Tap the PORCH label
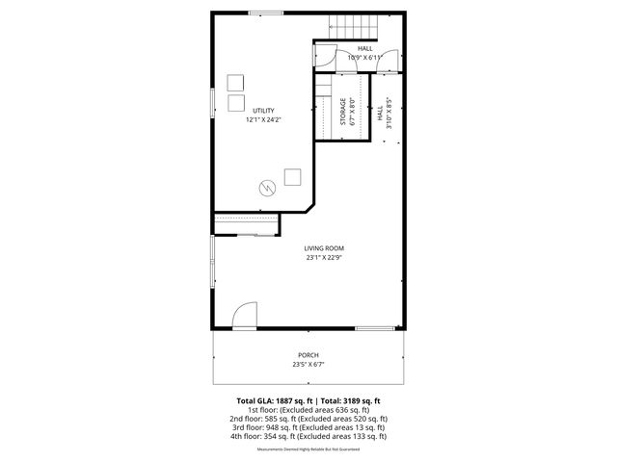coord(308,355)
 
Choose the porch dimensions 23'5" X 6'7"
coord(308,365)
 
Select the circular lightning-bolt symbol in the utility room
coord(267,186)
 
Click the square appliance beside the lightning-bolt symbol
coord(292,176)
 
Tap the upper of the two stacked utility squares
coord(235,82)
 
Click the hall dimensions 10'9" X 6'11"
coord(364,57)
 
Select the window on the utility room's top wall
coord(265,13)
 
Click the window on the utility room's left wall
coord(213,103)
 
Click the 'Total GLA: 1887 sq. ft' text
coord(274,400)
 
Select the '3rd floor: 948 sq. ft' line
coord(308,427)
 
